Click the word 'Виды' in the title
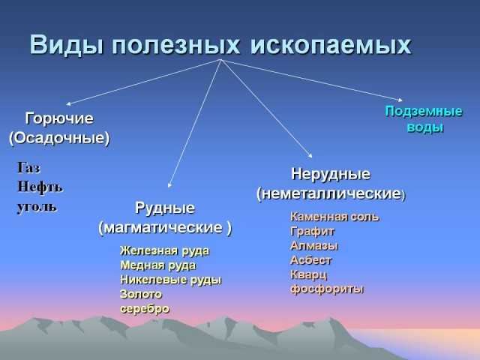pyautogui.click(x=66, y=45)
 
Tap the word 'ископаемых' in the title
pyautogui.click(x=331, y=45)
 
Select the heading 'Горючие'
pyautogui.click(x=59, y=118)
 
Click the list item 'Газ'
pyautogui.click(x=28, y=167)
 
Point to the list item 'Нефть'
pyautogui.click(x=40, y=187)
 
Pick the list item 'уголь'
pyautogui.click(x=37, y=207)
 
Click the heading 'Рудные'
pyautogui.click(x=165, y=208)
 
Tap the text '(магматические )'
pyautogui.click(x=165, y=228)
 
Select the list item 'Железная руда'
pyautogui.click(x=165, y=251)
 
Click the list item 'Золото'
pyautogui.click(x=141, y=294)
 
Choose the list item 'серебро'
pyautogui.click(x=145, y=309)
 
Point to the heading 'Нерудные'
pyautogui.click(x=331, y=174)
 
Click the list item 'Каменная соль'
pyautogui.click(x=334, y=217)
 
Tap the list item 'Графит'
pyautogui.click(x=312, y=232)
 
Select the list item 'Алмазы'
pyautogui.click(x=314, y=246)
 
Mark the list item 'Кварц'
pyautogui.click(x=308, y=275)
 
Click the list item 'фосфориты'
pyautogui.click(x=327, y=289)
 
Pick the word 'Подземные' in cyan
pyautogui.click(x=424, y=112)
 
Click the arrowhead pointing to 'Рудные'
pyautogui.click(x=169, y=185)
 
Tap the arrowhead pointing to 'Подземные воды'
pyautogui.click(x=400, y=100)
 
